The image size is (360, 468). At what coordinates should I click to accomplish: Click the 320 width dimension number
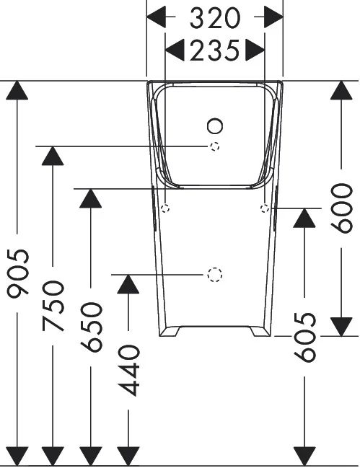(215, 17)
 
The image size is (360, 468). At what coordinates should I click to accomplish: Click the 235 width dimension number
(214, 50)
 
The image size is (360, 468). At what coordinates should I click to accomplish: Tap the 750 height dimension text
(53, 306)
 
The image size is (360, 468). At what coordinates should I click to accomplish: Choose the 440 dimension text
(128, 370)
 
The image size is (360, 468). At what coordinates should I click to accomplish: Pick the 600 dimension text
(341, 207)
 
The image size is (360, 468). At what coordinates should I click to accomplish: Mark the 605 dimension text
(306, 337)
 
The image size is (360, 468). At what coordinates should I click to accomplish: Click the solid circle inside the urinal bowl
(214, 127)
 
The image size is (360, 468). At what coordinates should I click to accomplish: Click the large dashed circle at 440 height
(214, 275)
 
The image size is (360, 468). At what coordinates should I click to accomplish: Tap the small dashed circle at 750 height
(214, 147)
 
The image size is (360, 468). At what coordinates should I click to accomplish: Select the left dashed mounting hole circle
(165, 208)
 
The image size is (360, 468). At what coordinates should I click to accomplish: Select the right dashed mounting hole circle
(265, 208)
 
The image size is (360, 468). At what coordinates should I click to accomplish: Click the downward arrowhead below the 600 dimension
(341, 326)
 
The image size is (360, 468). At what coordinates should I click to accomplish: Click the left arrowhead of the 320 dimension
(157, 17)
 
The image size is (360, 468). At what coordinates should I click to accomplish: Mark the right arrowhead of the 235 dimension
(255, 50)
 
